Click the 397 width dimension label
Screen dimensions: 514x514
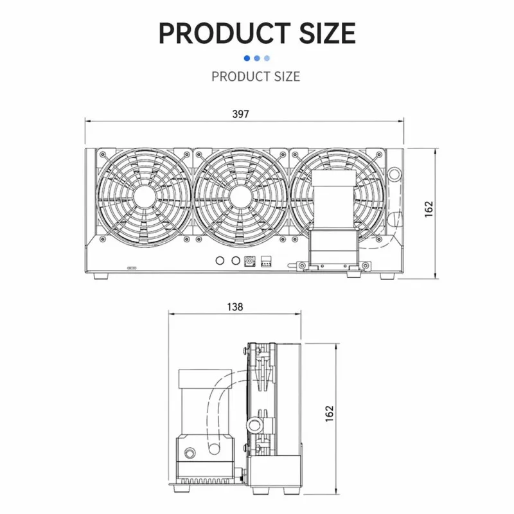240,114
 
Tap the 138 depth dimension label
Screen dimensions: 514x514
235,307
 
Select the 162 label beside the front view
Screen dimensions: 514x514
429,209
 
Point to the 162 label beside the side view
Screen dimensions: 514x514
330,413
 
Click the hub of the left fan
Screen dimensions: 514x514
145,197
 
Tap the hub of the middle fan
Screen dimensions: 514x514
241,197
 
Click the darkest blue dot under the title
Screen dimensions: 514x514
247,58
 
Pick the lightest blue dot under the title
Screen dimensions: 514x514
267,58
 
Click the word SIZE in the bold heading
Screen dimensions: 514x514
328,33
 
